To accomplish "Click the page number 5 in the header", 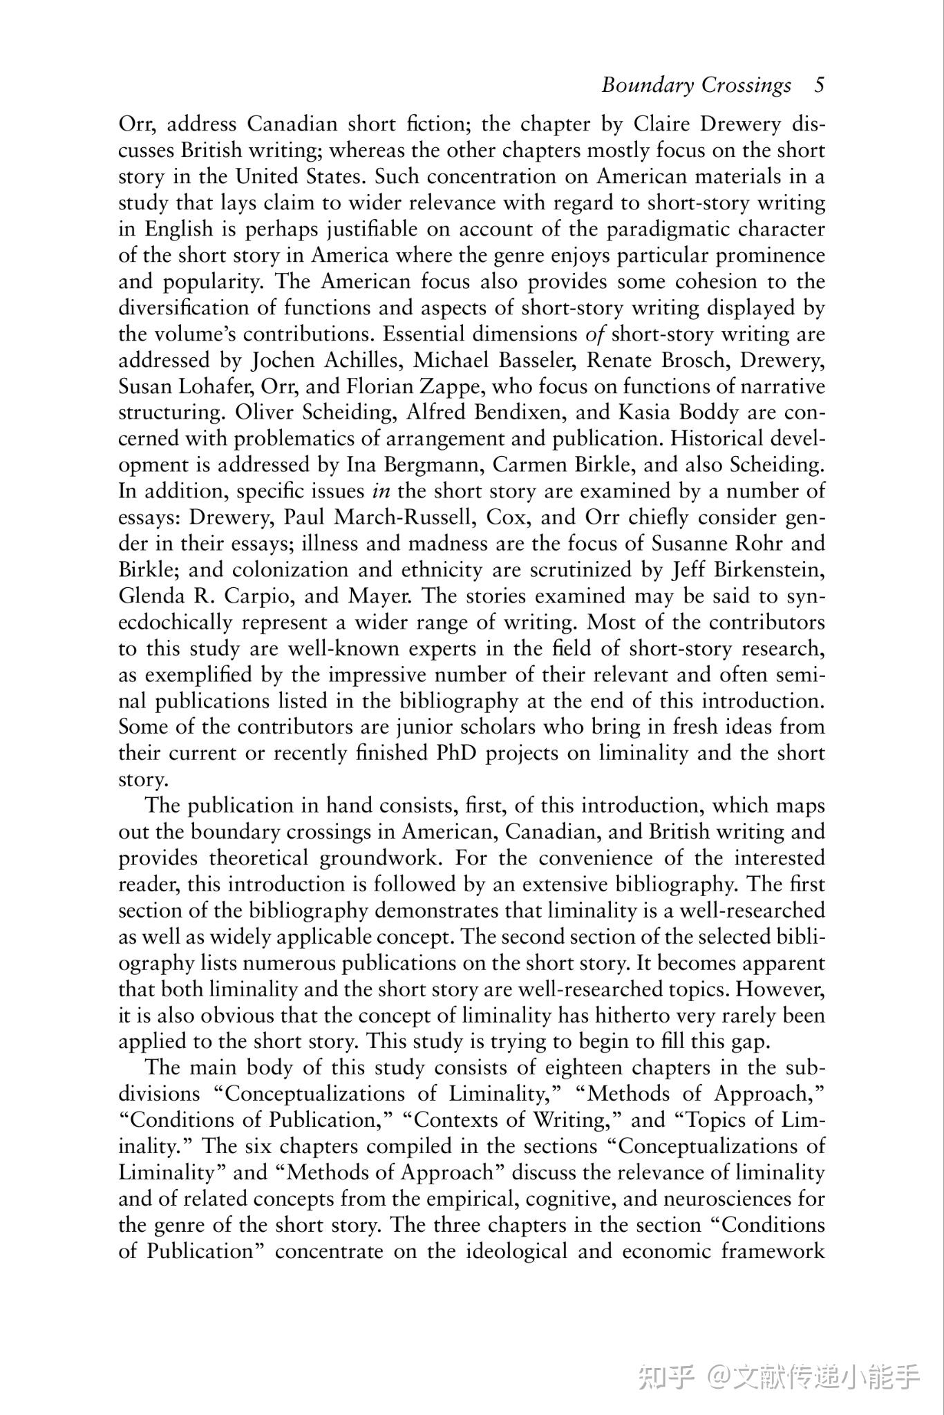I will [x=819, y=85].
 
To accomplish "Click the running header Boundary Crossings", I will [x=696, y=85].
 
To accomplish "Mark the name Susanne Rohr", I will [x=717, y=544].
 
